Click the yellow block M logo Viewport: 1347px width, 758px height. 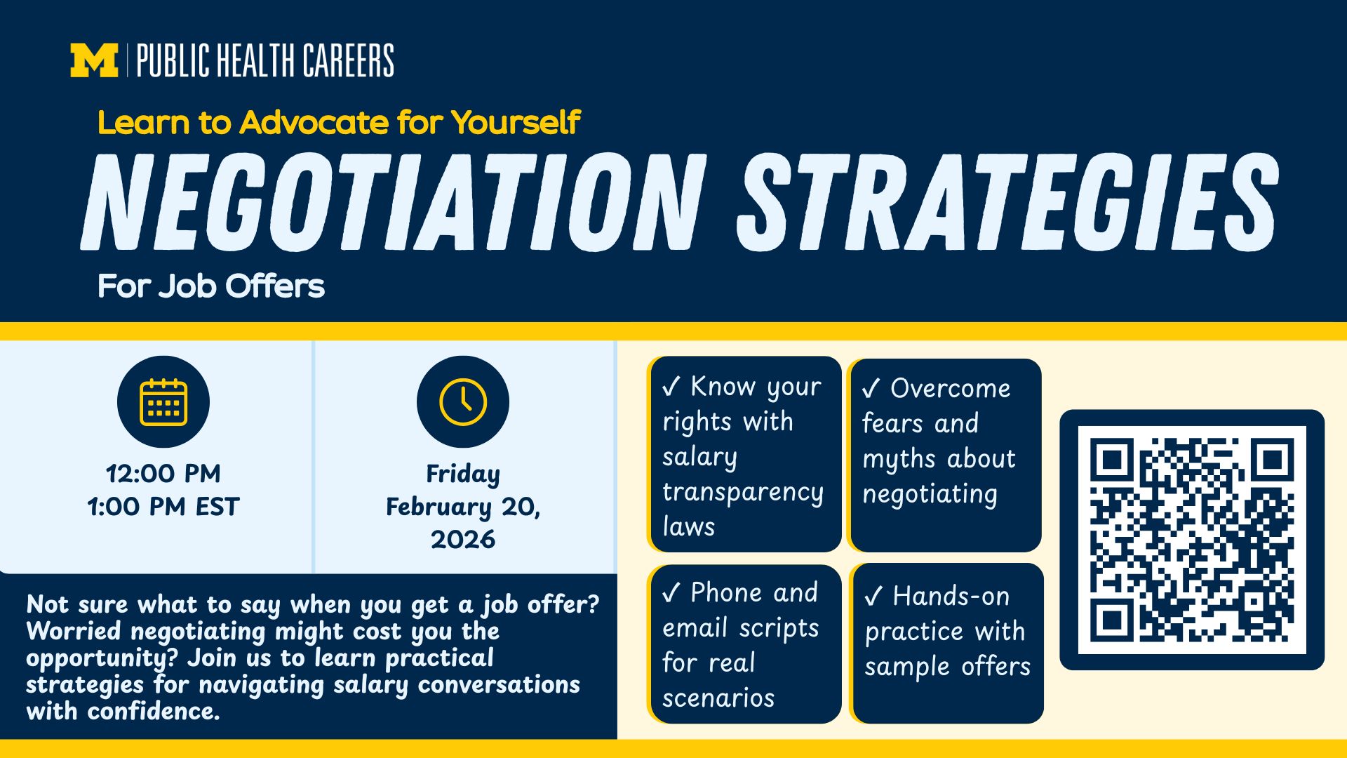(x=94, y=60)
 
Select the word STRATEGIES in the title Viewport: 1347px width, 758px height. (x=1008, y=202)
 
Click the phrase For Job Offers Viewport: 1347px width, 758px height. (x=211, y=286)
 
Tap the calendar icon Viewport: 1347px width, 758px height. (x=163, y=402)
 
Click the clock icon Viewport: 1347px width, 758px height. (x=463, y=402)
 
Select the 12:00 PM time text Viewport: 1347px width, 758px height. (x=163, y=474)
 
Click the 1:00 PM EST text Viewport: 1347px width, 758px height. (x=163, y=506)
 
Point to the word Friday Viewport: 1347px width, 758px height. (x=463, y=474)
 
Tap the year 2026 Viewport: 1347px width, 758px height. (x=463, y=539)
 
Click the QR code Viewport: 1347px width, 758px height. (x=1192, y=540)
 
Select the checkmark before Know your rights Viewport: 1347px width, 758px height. (x=671, y=386)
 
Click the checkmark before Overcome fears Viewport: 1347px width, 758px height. (x=871, y=388)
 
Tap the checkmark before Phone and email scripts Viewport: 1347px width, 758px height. (x=671, y=593)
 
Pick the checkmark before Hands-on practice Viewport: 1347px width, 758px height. (x=873, y=596)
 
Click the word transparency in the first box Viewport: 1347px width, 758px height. (x=743, y=492)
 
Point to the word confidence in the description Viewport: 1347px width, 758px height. (x=154, y=711)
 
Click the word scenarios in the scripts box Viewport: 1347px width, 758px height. (x=718, y=698)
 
